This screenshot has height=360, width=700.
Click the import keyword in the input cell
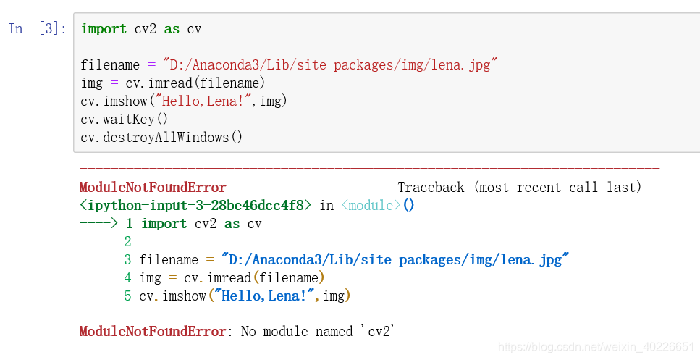(x=104, y=29)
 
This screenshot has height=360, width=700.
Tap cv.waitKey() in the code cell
(x=124, y=120)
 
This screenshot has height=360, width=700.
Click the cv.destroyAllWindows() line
(x=161, y=138)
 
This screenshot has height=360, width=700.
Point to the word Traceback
(x=431, y=188)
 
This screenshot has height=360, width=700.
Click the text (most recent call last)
(x=558, y=188)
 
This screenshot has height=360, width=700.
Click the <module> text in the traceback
(x=371, y=206)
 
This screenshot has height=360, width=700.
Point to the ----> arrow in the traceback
(x=98, y=224)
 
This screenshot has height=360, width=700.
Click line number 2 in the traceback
(x=128, y=242)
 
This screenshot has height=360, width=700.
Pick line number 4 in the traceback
(x=128, y=278)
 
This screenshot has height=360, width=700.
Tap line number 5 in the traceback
(x=128, y=296)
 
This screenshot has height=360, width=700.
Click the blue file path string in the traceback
(x=395, y=260)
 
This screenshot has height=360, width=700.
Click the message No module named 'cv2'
(x=317, y=332)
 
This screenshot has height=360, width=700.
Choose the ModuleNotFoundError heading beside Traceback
(x=153, y=188)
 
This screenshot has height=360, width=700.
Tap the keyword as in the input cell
(x=172, y=29)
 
